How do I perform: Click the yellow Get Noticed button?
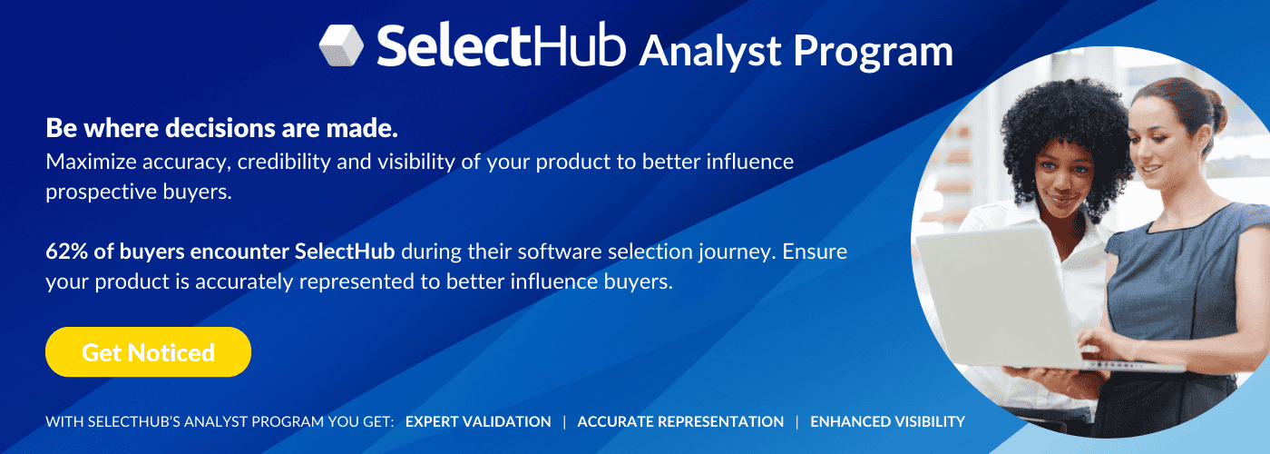tap(148, 352)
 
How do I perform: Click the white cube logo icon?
tap(341, 44)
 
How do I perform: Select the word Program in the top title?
tap(874, 52)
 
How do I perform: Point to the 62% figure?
tap(65, 252)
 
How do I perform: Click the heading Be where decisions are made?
tap(221, 128)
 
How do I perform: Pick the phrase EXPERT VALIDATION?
tap(478, 421)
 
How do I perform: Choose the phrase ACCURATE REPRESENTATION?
tap(680, 421)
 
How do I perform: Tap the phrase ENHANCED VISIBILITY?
tap(887, 421)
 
